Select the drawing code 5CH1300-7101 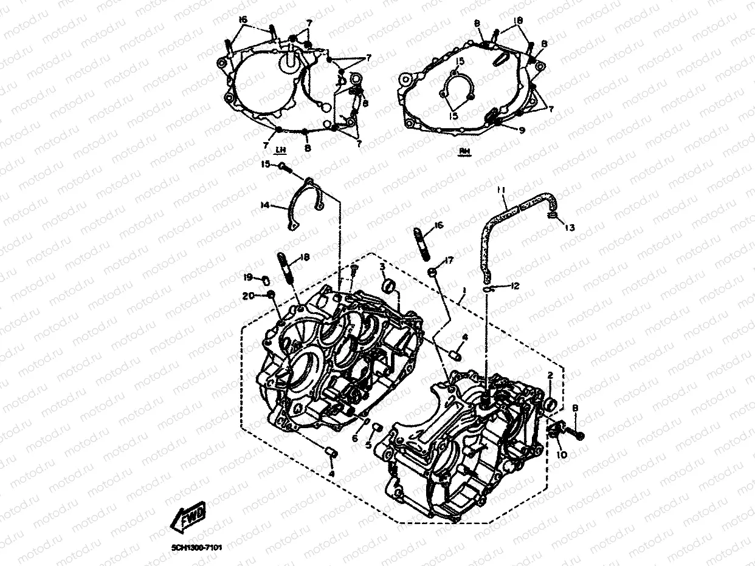tap(196, 547)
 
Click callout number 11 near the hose tap(500, 190)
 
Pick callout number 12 tap(516, 285)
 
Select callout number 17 tap(449, 261)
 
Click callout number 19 tap(248, 278)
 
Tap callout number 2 tap(550, 375)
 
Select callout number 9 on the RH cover tap(522, 130)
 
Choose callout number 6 tap(355, 438)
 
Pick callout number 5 tap(368, 444)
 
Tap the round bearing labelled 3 tap(388, 285)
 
